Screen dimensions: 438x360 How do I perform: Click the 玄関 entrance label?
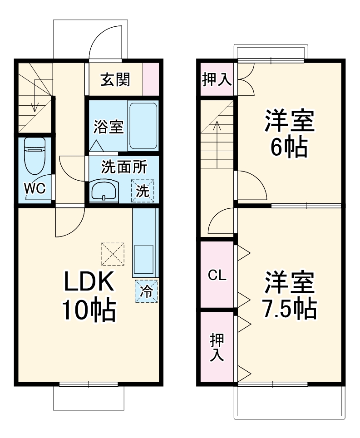pyautogui.click(x=115, y=79)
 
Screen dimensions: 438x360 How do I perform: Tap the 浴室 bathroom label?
pyautogui.click(x=108, y=127)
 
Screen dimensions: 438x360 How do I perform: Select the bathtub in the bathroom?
pyautogui.click(x=143, y=126)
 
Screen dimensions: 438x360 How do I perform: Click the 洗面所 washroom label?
pyautogui.click(x=123, y=167)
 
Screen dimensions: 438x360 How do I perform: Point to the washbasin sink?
pyautogui.click(x=104, y=191)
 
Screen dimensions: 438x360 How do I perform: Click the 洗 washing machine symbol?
pyautogui.click(x=143, y=191)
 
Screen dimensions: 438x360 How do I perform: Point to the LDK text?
pyautogui.click(x=88, y=284)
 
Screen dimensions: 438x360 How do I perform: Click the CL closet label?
pyautogui.click(x=217, y=275)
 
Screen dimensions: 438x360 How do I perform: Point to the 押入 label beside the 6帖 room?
pyautogui.click(x=217, y=80)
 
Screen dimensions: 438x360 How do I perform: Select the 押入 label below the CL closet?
pyautogui.click(x=217, y=347)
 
